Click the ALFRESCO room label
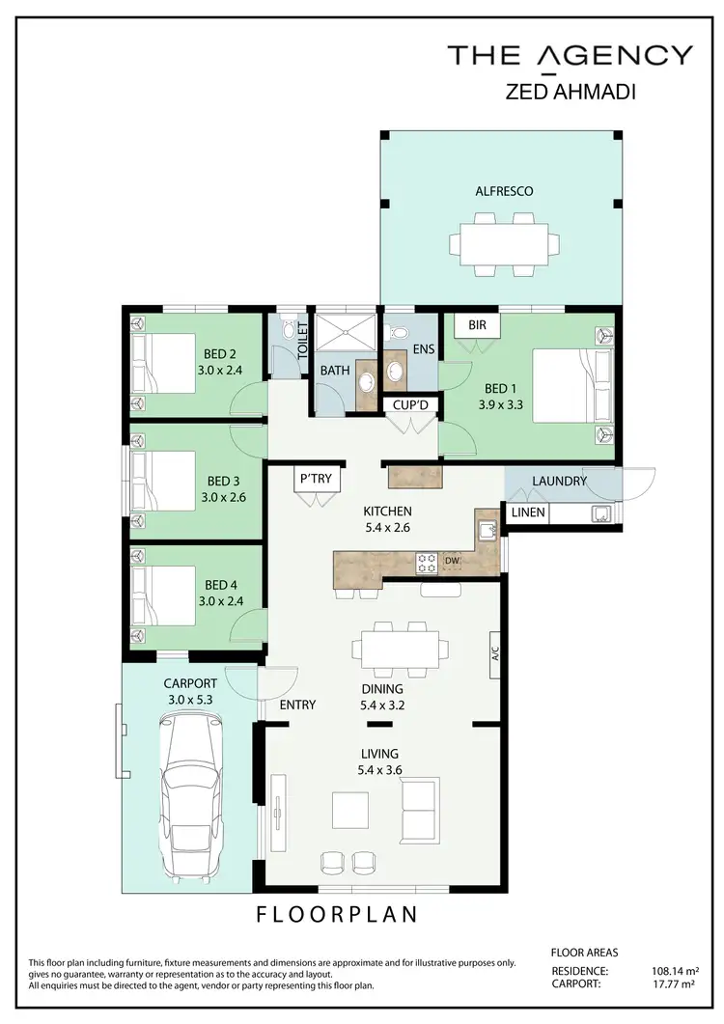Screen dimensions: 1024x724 (503, 191)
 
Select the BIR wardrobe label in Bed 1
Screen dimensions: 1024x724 (477, 325)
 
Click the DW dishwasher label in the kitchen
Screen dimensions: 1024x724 (453, 560)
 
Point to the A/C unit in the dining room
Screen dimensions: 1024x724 (493, 652)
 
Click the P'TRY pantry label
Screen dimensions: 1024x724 (316, 477)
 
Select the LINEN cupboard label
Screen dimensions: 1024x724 (527, 513)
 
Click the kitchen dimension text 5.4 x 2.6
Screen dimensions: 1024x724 (387, 527)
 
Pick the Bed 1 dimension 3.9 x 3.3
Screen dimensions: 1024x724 (499, 406)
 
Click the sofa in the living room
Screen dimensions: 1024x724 (420, 809)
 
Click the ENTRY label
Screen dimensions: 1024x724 (297, 705)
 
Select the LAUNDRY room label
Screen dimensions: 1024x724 (559, 481)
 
